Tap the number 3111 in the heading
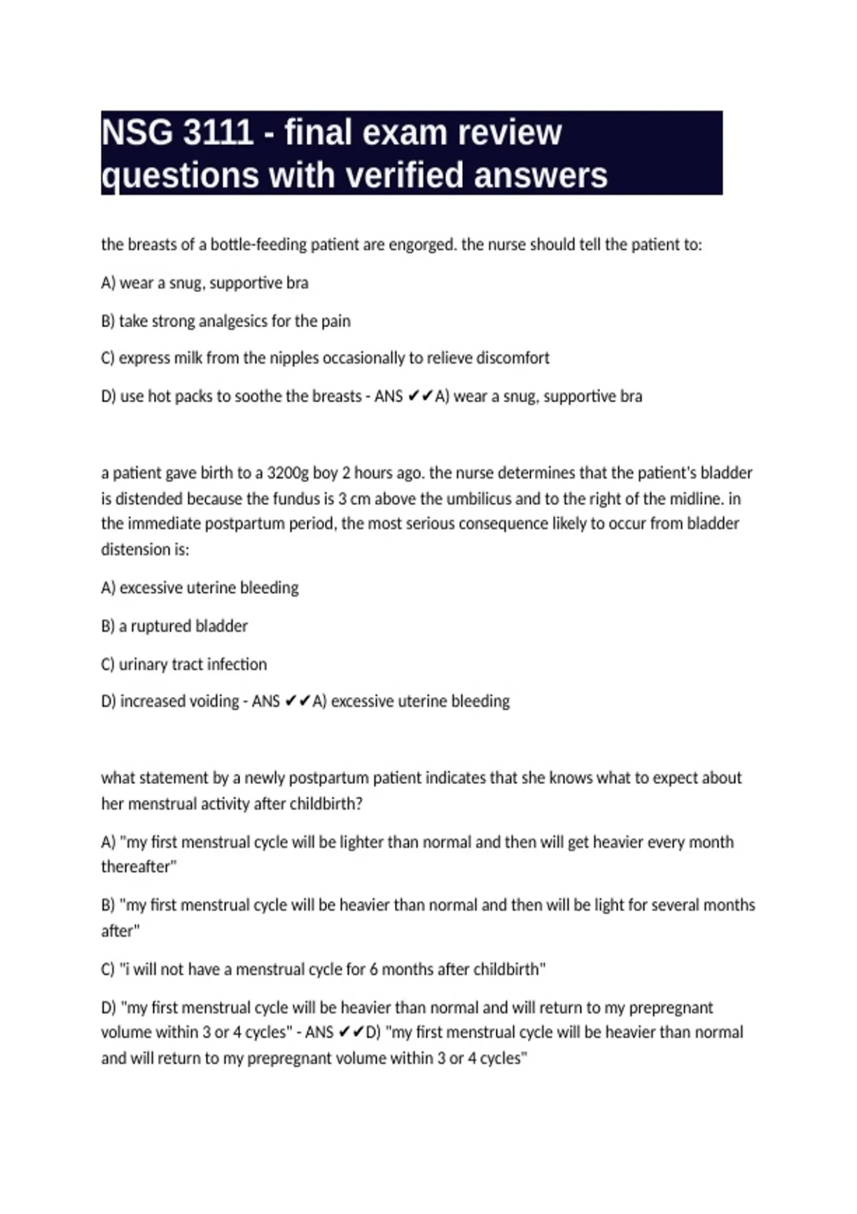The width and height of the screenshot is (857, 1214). (218, 133)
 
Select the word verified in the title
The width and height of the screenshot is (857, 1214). (391, 175)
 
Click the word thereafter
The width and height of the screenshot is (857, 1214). (138, 867)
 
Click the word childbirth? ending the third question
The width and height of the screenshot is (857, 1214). (328, 803)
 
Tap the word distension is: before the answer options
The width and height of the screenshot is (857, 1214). (145, 549)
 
